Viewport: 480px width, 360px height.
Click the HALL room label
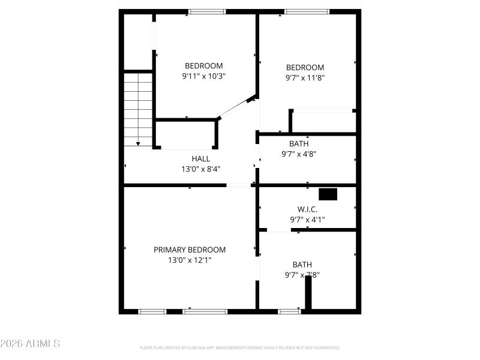click(x=200, y=158)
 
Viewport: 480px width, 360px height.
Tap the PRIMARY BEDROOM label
click(x=190, y=250)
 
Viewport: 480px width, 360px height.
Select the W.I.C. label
click(x=307, y=209)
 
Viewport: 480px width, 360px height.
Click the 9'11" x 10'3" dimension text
click(x=203, y=76)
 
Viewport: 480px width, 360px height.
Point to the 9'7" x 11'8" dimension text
click(x=305, y=77)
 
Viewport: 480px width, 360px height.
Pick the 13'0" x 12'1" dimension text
click(x=190, y=260)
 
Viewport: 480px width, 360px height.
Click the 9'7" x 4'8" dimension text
click(x=299, y=154)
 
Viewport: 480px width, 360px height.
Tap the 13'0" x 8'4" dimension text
click(x=200, y=169)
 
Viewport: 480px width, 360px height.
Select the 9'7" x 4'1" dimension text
click(x=307, y=220)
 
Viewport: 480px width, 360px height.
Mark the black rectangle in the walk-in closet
click(x=328, y=194)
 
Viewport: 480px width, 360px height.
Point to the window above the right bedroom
click(x=307, y=11)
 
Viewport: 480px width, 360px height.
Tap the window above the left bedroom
click(x=207, y=11)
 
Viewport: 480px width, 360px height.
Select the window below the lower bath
click(x=289, y=311)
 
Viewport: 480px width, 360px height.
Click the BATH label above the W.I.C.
click(x=299, y=143)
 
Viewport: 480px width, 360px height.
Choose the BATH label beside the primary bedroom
click(x=302, y=265)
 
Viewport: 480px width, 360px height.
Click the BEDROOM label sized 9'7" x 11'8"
click(x=305, y=67)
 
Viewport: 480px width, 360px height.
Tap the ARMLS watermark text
click(x=30, y=344)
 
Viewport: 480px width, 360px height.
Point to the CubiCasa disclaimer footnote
click(x=239, y=347)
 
